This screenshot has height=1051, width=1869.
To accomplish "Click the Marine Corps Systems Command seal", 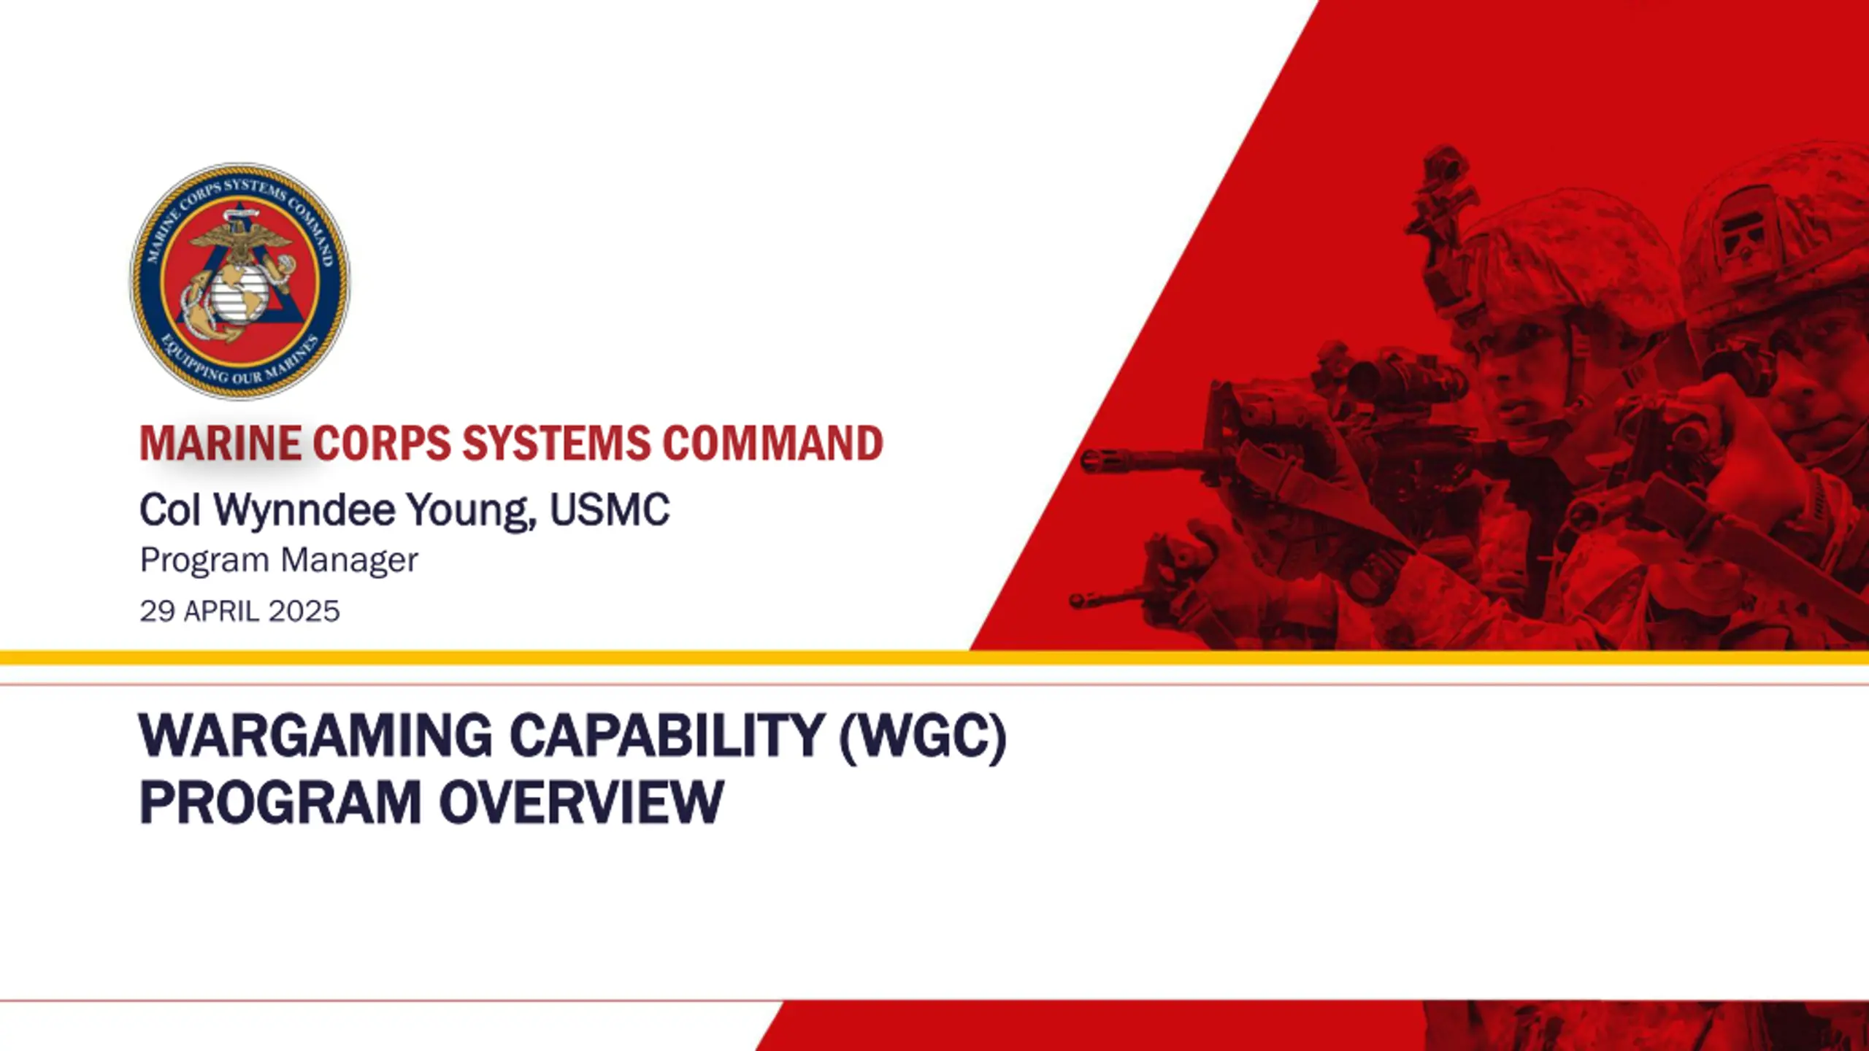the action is coord(239,281).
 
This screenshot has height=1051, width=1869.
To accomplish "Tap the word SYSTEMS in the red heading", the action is coord(556,444).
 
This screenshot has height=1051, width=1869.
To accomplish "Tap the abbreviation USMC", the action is coord(610,509).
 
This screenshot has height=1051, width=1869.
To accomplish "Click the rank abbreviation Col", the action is coord(170,509).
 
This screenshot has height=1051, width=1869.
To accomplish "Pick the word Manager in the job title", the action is coord(349,561).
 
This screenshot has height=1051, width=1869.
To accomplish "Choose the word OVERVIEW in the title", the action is coord(581,802).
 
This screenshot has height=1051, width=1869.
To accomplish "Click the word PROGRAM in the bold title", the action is coord(280,802).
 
